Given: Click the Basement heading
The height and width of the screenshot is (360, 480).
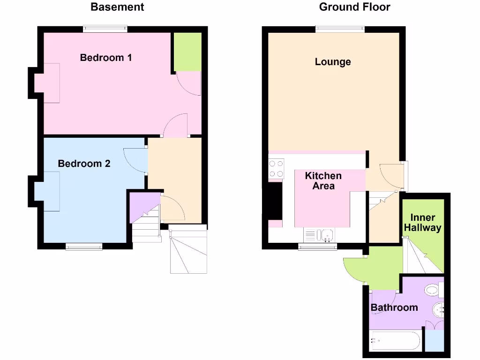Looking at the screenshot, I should pos(117,7).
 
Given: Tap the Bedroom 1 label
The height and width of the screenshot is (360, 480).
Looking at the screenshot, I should pos(106,58).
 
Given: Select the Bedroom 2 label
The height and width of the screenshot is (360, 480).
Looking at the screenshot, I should pos(84,164).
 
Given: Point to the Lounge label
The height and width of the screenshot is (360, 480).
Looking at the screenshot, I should pos(333,62).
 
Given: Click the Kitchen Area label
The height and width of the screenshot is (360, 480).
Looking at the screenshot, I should pos(323,180).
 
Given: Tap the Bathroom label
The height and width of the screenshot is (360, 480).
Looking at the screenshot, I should pos(394,307).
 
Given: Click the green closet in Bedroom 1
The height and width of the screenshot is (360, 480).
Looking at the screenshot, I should pos(187,52).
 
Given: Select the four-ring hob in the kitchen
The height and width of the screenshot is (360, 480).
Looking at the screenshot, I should pos(277,169).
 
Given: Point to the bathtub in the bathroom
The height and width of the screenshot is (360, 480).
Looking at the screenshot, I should pos(395,342).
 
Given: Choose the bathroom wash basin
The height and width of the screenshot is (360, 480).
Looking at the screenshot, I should pos(438,309).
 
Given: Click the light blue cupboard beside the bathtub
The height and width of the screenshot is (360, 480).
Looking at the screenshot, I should pos(435,340).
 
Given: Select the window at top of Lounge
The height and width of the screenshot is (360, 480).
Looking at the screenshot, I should pos(340,29).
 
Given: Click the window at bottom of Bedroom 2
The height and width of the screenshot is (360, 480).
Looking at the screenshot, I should pos(84,247).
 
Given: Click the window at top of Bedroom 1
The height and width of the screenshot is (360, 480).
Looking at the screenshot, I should pos(105,29).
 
